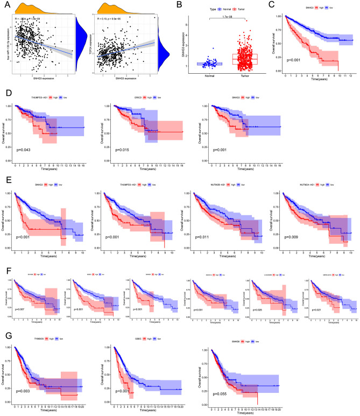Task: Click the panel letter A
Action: coord(5,5)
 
